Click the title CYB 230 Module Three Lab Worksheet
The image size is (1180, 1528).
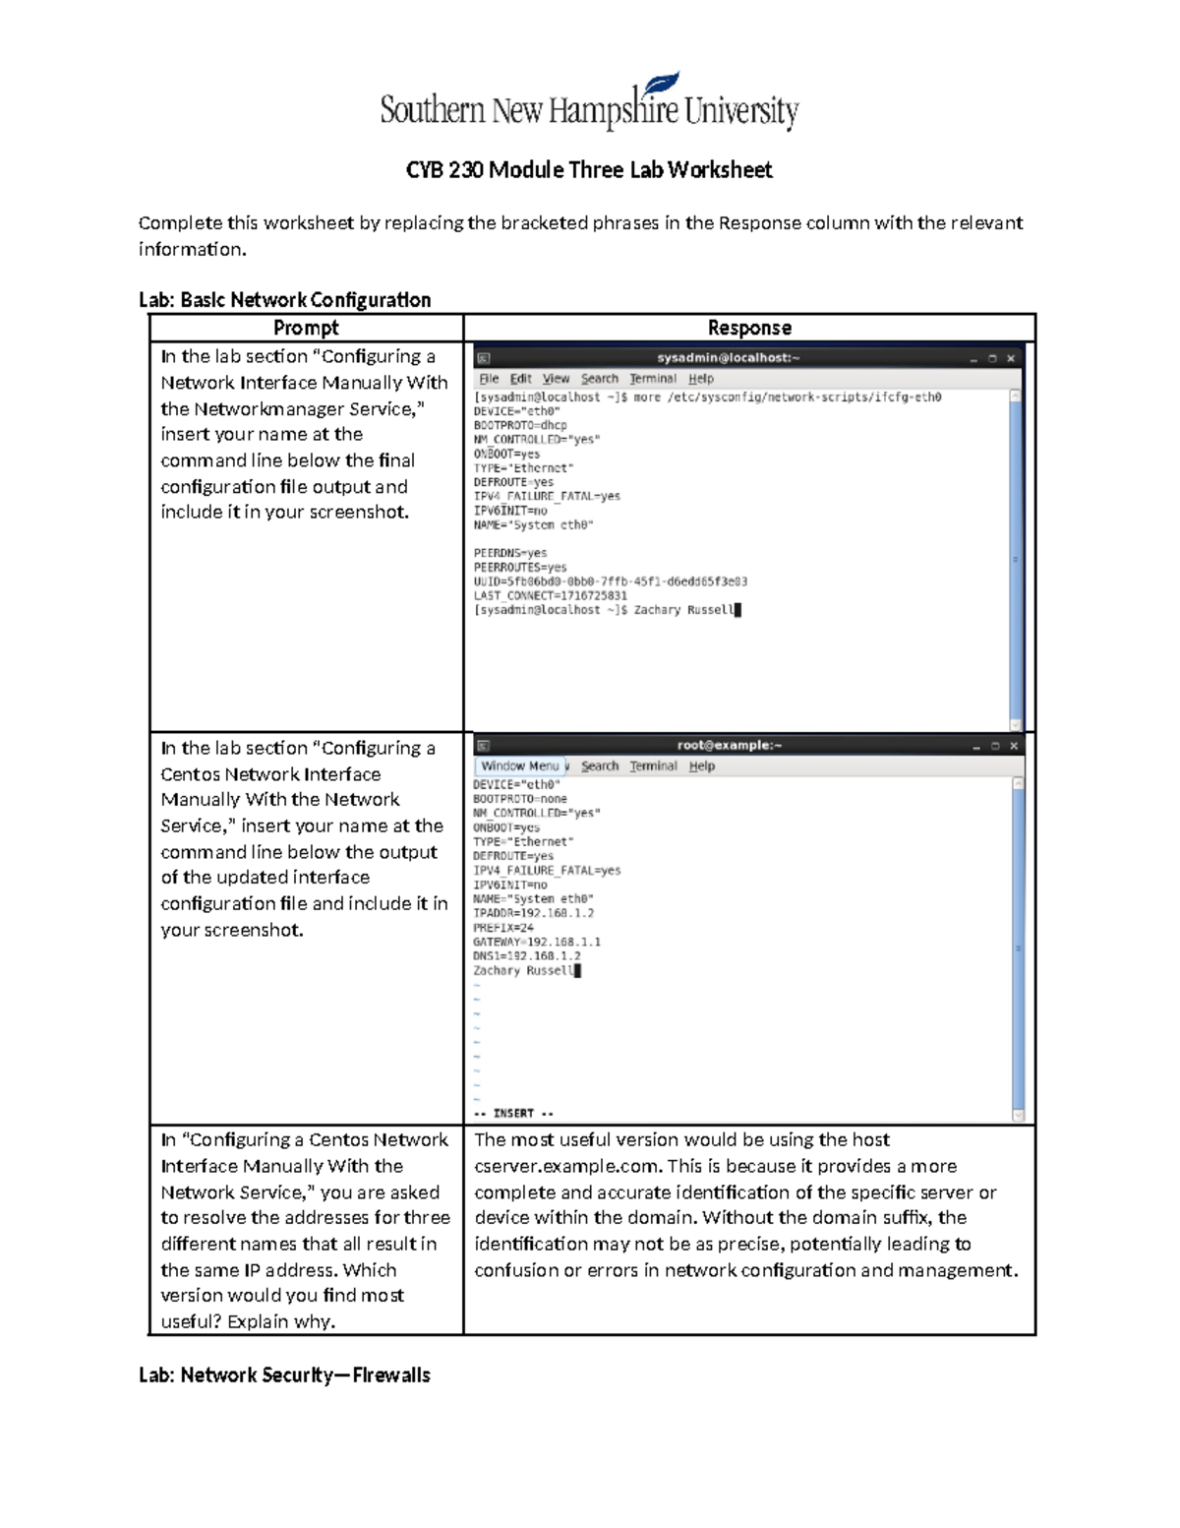pyautogui.click(x=589, y=170)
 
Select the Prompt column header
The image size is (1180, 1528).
pyautogui.click(x=306, y=328)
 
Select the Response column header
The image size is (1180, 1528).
pyautogui.click(x=749, y=328)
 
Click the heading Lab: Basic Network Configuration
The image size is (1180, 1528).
pyautogui.click(x=284, y=300)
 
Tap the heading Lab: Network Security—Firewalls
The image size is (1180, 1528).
pyautogui.click(x=284, y=1375)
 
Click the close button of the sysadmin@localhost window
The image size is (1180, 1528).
pyautogui.click(x=1010, y=359)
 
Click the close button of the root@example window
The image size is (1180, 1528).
pyautogui.click(x=1013, y=747)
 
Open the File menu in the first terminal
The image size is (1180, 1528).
pyautogui.click(x=489, y=379)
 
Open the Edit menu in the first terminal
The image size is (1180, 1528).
pyautogui.click(x=520, y=379)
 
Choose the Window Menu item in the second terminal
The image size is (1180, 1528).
pyautogui.click(x=519, y=766)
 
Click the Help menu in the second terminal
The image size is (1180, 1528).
pyautogui.click(x=701, y=766)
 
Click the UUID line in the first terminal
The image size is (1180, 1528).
pyautogui.click(x=610, y=581)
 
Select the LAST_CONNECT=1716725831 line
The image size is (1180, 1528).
pyautogui.click(x=550, y=596)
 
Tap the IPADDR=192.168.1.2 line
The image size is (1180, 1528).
pyautogui.click(x=533, y=913)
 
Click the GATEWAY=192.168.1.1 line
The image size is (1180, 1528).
pyautogui.click(x=536, y=942)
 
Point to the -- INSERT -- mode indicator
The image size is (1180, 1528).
pyautogui.click(x=513, y=1114)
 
